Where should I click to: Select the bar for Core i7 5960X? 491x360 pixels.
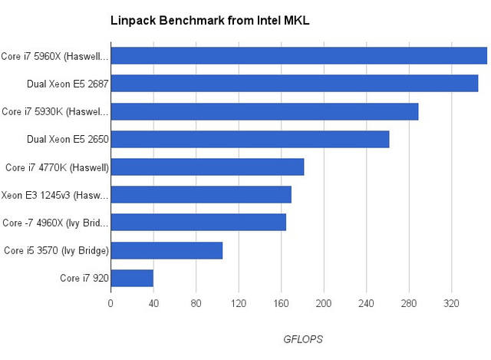(x=299, y=56)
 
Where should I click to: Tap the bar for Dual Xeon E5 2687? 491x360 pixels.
(x=295, y=84)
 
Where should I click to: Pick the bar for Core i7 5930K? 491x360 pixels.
(x=265, y=111)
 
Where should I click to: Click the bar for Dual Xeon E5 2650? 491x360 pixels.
(x=250, y=139)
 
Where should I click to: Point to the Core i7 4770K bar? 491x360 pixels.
(x=207, y=167)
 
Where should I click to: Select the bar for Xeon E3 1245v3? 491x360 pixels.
(x=201, y=195)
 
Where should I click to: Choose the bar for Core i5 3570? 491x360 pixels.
(x=166, y=250)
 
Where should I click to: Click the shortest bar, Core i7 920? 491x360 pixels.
(x=132, y=278)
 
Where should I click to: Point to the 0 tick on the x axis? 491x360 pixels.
(x=110, y=302)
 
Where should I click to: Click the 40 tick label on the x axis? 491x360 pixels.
(x=153, y=302)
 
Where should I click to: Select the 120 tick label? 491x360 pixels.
(x=239, y=302)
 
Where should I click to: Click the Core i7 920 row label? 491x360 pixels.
(x=84, y=278)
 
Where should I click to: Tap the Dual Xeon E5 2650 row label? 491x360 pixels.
(x=68, y=139)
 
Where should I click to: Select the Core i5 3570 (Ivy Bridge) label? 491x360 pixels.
(x=56, y=250)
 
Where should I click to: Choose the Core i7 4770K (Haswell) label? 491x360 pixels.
(x=57, y=167)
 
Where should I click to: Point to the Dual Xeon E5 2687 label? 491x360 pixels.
(x=68, y=84)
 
